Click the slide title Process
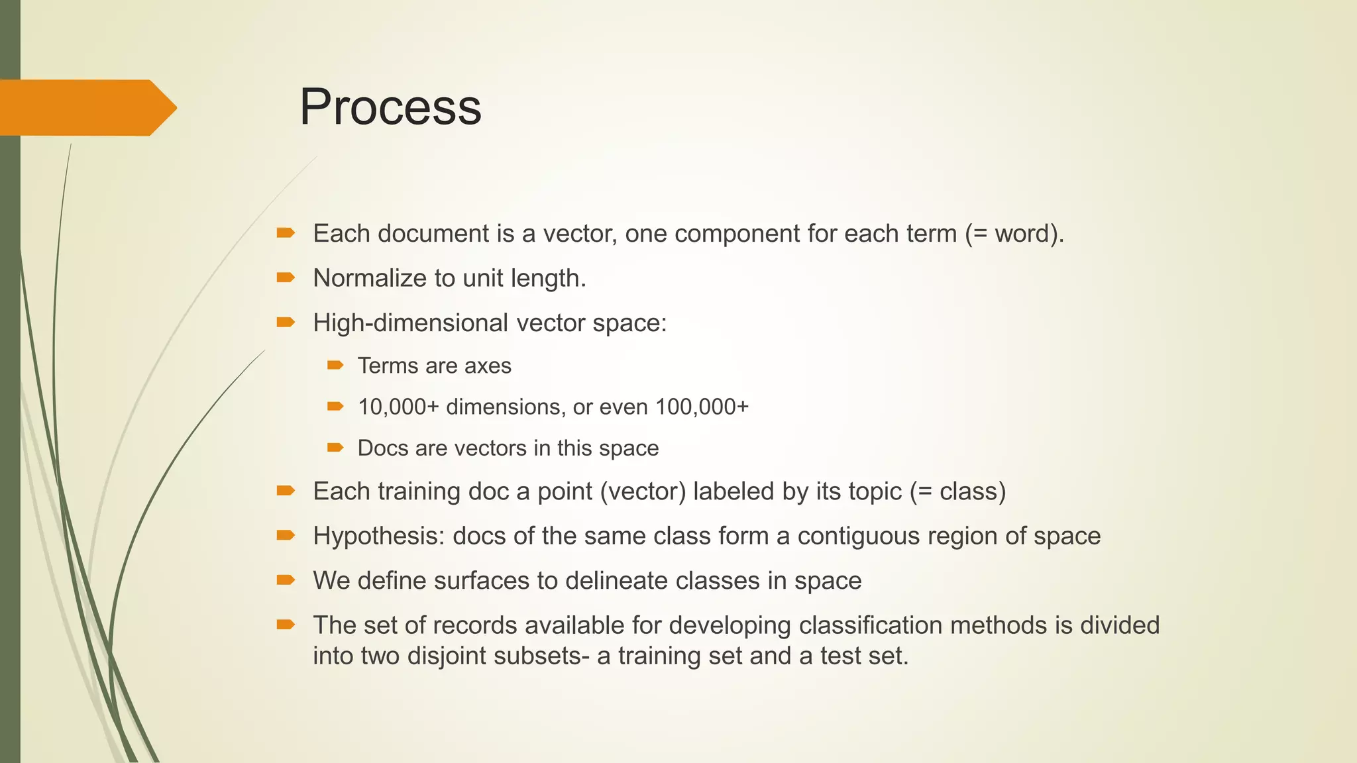tap(390, 107)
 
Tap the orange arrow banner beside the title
tap(86, 107)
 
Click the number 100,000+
tap(702, 407)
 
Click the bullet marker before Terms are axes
tap(335, 365)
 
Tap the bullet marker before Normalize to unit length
tap(286, 278)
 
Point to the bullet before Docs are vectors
tap(335, 448)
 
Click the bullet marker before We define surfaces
tap(286, 580)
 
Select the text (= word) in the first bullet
tap(1013, 234)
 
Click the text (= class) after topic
tap(957, 491)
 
